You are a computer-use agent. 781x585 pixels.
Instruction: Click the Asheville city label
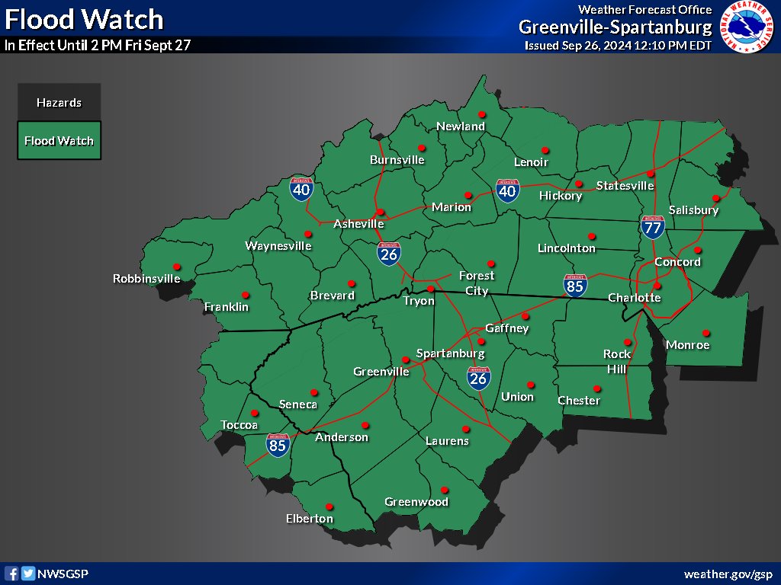pyautogui.click(x=358, y=224)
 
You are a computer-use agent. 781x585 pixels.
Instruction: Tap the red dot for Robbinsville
pyautogui.click(x=177, y=267)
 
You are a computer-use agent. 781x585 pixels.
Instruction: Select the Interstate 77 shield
pyautogui.click(x=652, y=227)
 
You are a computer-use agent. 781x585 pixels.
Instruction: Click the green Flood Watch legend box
pyautogui.click(x=59, y=141)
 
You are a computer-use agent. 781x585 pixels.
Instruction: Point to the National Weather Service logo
pyautogui.click(x=747, y=27)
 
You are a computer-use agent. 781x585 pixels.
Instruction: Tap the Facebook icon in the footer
pyautogui.click(x=11, y=574)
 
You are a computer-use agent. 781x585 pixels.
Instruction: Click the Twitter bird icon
pyautogui.click(x=28, y=574)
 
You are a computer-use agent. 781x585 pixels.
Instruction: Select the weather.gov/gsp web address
pyautogui.click(x=729, y=574)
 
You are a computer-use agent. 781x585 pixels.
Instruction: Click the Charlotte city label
pyautogui.click(x=634, y=298)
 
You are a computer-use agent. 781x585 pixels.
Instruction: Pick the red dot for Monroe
pyautogui.click(x=706, y=333)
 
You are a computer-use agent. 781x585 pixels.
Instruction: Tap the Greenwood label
pyautogui.click(x=416, y=502)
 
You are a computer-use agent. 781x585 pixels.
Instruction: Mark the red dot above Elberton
pyautogui.click(x=329, y=507)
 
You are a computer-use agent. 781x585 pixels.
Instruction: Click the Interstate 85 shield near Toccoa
pyautogui.click(x=278, y=445)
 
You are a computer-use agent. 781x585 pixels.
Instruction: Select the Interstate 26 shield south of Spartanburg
pyautogui.click(x=479, y=377)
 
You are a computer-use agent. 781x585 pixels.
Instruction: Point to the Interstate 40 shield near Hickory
pyautogui.click(x=508, y=190)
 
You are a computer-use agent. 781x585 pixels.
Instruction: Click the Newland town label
pyautogui.click(x=461, y=126)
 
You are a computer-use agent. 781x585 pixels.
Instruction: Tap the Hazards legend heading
pyautogui.click(x=59, y=103)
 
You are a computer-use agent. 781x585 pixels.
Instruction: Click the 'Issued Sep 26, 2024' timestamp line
pyautogui.click(x=618, y=46)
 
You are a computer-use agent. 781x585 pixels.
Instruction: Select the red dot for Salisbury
pyautogui.click(x=715, y=198)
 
